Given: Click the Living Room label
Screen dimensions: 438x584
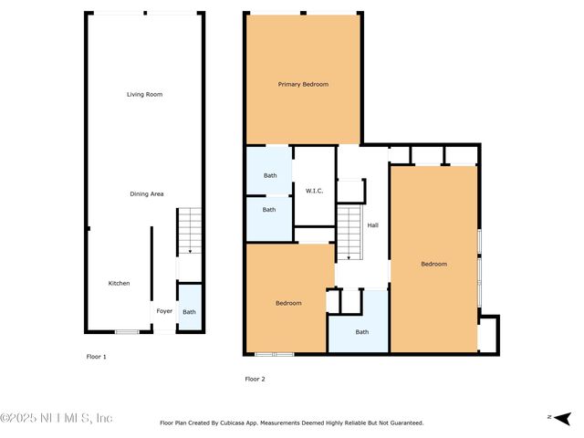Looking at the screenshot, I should point(144,94).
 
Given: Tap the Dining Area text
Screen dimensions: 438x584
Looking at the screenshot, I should point(146,193).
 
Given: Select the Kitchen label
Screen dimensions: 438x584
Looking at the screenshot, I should point(119,283).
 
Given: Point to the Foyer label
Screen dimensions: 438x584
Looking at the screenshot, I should point(164,311).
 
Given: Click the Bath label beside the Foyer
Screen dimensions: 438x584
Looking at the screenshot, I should point(189,312).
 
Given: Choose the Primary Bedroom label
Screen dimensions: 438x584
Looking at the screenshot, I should point(303,84).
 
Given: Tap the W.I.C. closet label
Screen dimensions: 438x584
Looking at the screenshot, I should point(315,191).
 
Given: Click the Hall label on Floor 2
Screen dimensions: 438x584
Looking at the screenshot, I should point(372,225).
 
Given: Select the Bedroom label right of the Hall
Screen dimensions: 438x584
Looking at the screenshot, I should point(433,265).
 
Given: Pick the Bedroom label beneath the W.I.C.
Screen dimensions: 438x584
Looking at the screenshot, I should point(288,303).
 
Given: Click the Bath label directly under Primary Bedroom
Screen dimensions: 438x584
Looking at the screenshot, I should point(270,175).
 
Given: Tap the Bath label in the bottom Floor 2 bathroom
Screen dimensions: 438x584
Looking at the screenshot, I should point(361,332).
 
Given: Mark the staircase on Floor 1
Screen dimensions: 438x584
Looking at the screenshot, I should point(189,230).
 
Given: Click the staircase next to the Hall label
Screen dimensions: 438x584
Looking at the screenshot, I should point(350,233).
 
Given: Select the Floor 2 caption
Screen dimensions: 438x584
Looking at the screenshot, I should point(255,378).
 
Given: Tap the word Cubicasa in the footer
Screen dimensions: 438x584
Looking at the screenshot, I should point(246,422).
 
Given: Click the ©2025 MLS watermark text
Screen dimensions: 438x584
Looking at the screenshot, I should point(57,418).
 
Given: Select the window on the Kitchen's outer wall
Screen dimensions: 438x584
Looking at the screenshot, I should point(127,331).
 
